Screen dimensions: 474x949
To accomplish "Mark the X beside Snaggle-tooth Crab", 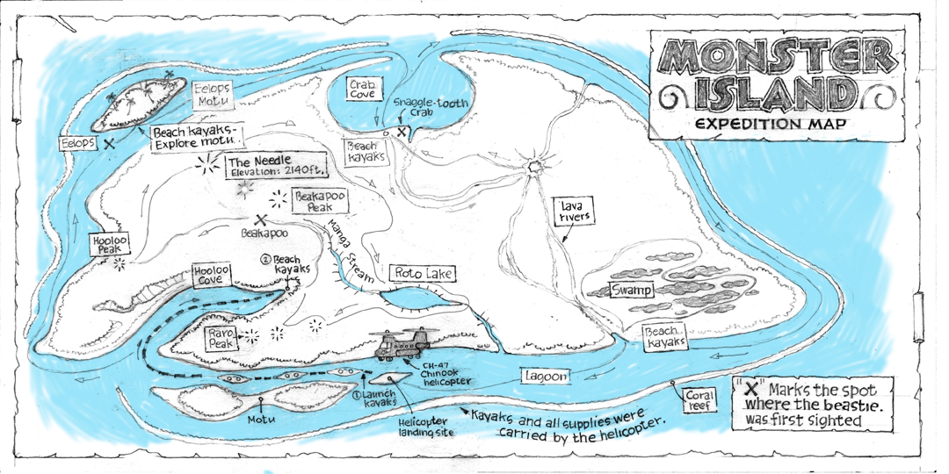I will click(x=402, y=132).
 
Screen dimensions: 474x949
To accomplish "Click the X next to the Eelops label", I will click(x=109, y=142).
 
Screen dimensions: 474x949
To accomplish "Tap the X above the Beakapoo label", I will click(x=261, y=221).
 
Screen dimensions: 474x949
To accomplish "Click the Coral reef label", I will click(x=700, y=400).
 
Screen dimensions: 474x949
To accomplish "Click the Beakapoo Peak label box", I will click(x=317, y=202).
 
